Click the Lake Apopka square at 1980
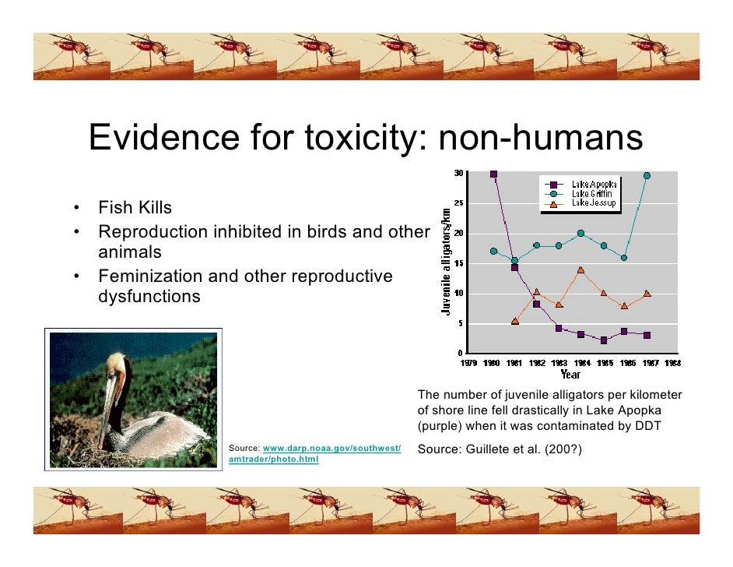(493, 174)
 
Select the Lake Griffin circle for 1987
(647, 176)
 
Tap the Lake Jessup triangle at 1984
(580, 270)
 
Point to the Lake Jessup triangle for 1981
(515, 321)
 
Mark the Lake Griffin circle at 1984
(580, 233)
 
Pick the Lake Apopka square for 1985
(603, 340)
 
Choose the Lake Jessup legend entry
(593, 203)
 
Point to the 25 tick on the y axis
(458, 203)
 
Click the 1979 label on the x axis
(469, 363)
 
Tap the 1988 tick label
(672, 363)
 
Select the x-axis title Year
(571, 372)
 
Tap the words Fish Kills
(135, 208)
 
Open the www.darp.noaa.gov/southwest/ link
(332, 449)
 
